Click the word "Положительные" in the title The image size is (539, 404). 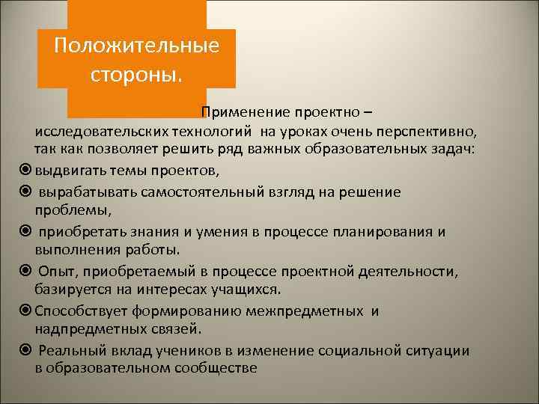[137, 46]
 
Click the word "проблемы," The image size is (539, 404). [69, 210]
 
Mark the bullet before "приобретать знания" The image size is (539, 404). [23, 232]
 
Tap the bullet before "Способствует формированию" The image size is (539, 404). [23, 309]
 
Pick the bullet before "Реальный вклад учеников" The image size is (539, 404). [23, 349]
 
